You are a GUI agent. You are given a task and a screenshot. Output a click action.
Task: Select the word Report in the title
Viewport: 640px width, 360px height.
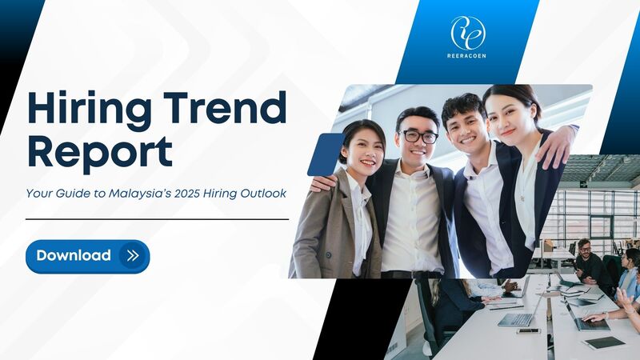[100, 152]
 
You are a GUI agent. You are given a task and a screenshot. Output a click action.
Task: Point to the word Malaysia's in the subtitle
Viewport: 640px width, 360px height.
[139, 193]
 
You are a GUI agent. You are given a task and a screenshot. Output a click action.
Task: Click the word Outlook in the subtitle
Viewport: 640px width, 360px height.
[263, 193]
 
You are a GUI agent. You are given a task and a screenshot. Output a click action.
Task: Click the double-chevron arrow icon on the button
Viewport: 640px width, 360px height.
[133, 256]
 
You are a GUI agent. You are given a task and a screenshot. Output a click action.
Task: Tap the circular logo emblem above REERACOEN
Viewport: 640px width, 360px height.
[468, 33]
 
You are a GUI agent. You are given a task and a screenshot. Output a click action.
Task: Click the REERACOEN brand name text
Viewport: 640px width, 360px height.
[466, 56]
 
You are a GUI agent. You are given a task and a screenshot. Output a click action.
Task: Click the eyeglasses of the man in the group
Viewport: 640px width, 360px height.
[418, 136]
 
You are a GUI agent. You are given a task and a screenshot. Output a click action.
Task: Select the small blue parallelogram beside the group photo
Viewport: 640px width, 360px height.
[326, 154]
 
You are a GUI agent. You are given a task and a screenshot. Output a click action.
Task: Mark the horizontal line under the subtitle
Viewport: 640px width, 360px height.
[157, 219]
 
